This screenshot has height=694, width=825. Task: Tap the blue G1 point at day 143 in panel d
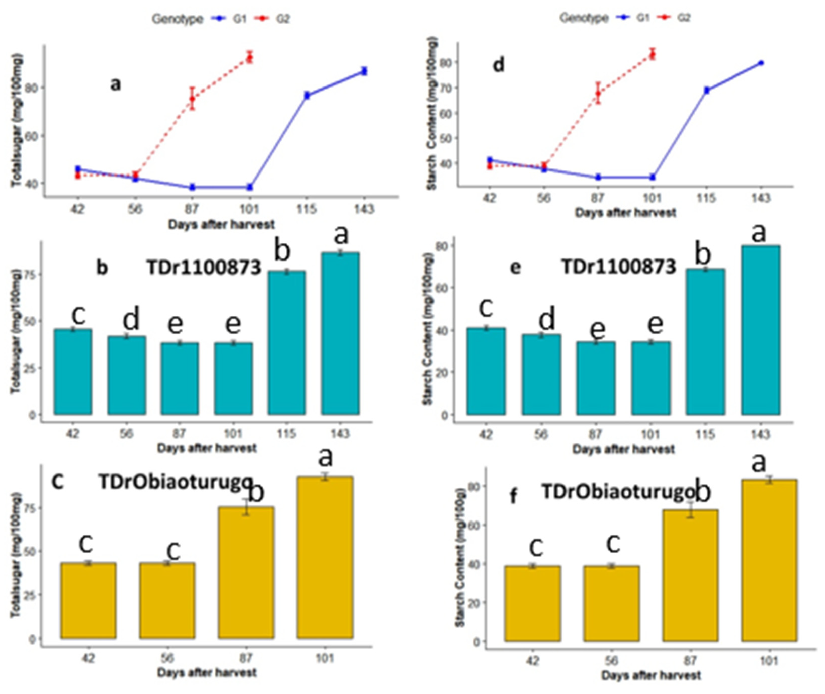coord(761,63)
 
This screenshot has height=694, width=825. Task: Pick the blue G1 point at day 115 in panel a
coord(307,95)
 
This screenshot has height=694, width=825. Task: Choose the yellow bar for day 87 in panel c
coord(246,573)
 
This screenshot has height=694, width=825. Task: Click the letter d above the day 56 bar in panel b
coord(131,319)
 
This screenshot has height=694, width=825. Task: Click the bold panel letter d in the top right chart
coord(498,65)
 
